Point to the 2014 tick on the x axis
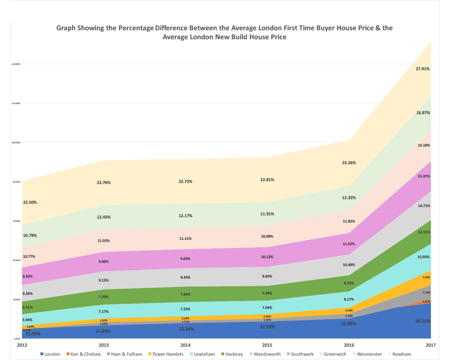pos(185,345)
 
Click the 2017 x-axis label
pos(431,345)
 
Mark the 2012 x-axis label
pos(22,345)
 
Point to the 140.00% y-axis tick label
pos(16,64)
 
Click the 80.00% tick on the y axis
pos(16,182)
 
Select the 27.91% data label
pos(423,69)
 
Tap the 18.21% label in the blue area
pos(423,321)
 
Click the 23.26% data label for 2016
pos(349,163)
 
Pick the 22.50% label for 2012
pos(30,202)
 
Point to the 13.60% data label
pos(423,257)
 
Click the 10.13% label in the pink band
pos(267,257)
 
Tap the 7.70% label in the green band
pos(103,297)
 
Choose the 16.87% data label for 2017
pos(423,113)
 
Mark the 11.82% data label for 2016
pos(349,221)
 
